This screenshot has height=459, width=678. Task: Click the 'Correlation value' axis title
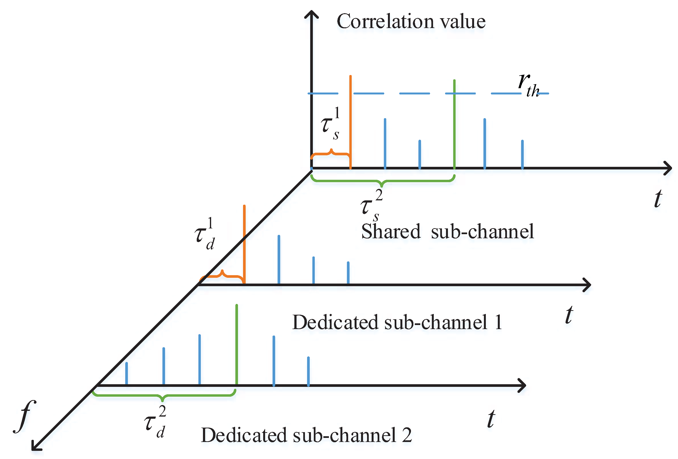(x=411, y=22)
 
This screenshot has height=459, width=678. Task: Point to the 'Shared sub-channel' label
(x=447, y=232)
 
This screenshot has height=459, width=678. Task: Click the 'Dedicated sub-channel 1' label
(x=397, y=323)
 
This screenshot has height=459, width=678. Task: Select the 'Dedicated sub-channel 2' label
(x=306, y=435)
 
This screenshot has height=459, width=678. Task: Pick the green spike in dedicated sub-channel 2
(x=236, y=344)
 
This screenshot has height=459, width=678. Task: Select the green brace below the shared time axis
(x=382, y=181)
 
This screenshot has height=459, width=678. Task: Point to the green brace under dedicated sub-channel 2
(x=163, y=396)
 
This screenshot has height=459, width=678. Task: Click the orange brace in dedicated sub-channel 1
(x=222, y=275)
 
